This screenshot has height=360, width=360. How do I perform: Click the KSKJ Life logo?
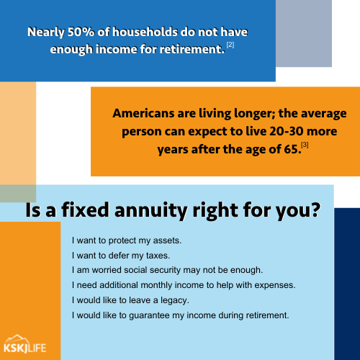[25, 344]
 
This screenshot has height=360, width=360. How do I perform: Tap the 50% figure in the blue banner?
[81, 32]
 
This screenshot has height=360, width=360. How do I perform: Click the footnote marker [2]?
[230, 45]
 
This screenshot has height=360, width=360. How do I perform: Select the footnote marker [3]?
[305, 145]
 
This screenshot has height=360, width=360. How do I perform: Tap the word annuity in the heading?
[150, 210]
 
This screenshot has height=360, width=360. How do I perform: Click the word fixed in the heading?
[85, 210]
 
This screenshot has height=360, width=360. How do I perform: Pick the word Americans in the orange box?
[143, 113]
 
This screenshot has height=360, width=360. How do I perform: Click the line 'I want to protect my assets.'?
[127, 240]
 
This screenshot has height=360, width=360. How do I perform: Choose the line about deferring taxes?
[121, 256]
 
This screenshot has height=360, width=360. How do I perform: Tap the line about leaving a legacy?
[130, 300]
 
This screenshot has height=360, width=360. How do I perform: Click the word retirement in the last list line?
[267, 315]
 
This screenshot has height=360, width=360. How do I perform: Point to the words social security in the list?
[152, 270]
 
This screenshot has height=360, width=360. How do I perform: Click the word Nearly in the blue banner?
[46, 32]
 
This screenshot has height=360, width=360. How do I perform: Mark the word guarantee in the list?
[149, 315]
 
